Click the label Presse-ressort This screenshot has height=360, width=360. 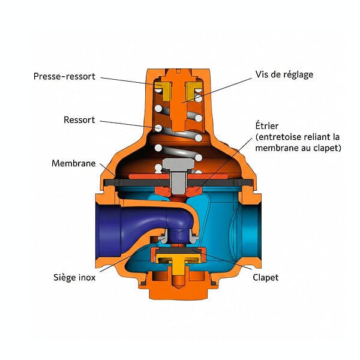click(x=64, y=76)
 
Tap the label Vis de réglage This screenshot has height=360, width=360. click(x=284, y=74)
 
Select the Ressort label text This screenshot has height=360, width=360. click(x=79, y=120)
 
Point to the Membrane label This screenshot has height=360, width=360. click(x=73, y=163)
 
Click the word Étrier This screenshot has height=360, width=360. click(x=267, y=125)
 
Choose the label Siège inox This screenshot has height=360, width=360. click(x=74, y=277)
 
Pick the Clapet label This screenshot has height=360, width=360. click(x=266, y=278)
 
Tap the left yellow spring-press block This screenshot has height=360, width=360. click(x=164, y=92)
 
